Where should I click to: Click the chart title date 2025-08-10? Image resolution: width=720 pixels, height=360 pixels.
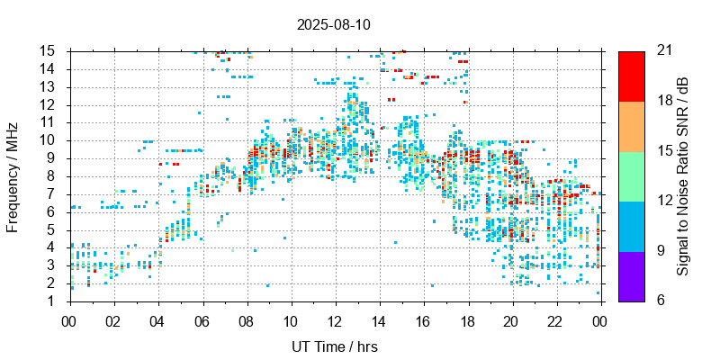pyautogui.click(x=333, y=24)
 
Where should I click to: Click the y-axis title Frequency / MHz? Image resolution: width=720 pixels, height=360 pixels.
pyautogui.click(x=13, y=175)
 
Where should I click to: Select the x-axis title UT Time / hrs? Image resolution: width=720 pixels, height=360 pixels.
pyautogui.click(x=334, y=346)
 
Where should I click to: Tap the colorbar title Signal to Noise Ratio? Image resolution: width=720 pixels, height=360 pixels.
pyautogui.click(x=683, y=175)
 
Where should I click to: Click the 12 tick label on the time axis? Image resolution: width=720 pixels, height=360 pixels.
pyautogui.click(x=335, y=320)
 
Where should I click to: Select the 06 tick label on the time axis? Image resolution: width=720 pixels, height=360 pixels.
pyautogui.click(x=202, y=320)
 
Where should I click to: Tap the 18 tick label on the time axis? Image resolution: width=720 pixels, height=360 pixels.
pyautogui.click(x=467, y=320)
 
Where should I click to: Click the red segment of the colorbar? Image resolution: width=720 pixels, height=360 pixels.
pyautogui.click(x=631, y=76)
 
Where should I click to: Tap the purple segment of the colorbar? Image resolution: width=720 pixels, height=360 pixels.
pyautogui.click(x=631, y=275)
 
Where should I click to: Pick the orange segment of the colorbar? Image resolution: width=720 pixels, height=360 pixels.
pyautogui.click(x=631, y=126)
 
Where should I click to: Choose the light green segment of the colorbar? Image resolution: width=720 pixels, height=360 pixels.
pyautogui.click(x=631, y=175)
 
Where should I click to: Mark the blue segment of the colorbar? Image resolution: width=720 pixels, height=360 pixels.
pyautogui.click(x=631, y=225)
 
